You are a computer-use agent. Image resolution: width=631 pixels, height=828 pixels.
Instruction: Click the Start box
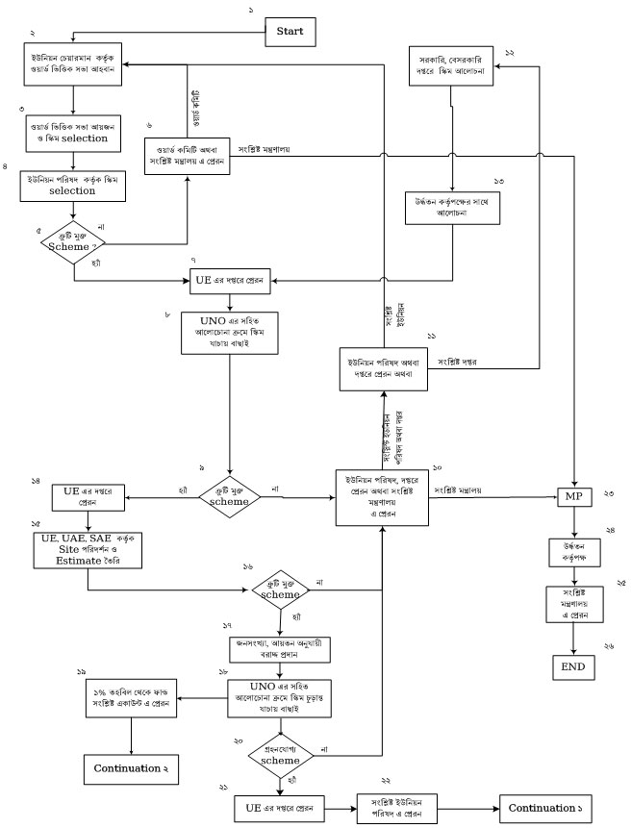[x=290, y=32]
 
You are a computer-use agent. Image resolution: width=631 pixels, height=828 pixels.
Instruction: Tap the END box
[x=573, y=665]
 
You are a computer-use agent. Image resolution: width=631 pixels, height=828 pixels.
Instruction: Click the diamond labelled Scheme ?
[x=75, y=241]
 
